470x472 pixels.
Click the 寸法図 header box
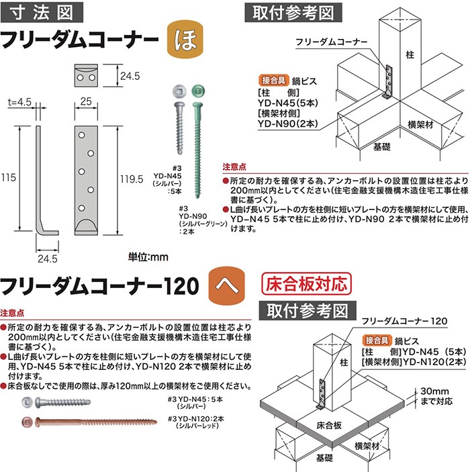pos(42,12)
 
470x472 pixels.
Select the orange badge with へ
pos(227,285)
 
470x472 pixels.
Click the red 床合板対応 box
pos(307,283)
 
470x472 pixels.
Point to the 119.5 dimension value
pos(132,179)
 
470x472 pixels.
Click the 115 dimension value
pos(8,177)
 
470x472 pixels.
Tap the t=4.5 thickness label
pos(19,102)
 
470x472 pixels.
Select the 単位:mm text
pos(148,257)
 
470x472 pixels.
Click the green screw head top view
pos(198,91)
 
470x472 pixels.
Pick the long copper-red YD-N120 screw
pos(96,422)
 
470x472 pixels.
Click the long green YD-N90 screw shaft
pos(197,150)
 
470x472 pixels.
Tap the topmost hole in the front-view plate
pos(82,135)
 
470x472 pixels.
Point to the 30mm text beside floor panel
pos(434,391)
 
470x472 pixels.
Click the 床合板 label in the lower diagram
pos(329,425)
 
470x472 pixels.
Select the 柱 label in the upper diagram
pos(410,55)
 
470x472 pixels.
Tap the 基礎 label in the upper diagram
pos(382,146)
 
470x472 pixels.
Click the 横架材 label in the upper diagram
pos(420,124)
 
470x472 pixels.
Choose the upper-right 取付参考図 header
pos(293,13)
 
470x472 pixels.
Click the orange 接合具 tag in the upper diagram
pos(273,81)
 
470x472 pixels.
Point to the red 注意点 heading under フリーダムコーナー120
pos(12,313)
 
